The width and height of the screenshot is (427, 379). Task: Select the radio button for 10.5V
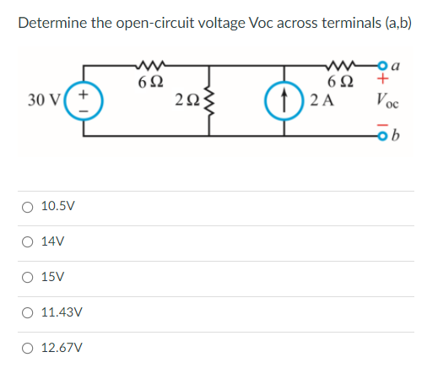tap(28, 206)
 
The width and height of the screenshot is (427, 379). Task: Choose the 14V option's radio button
tap(28, 241)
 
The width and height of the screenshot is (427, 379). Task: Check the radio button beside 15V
tap(28, 277)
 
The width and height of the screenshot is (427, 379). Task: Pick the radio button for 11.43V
tap(28, 312)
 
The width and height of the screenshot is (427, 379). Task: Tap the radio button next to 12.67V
tap(28, 348)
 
